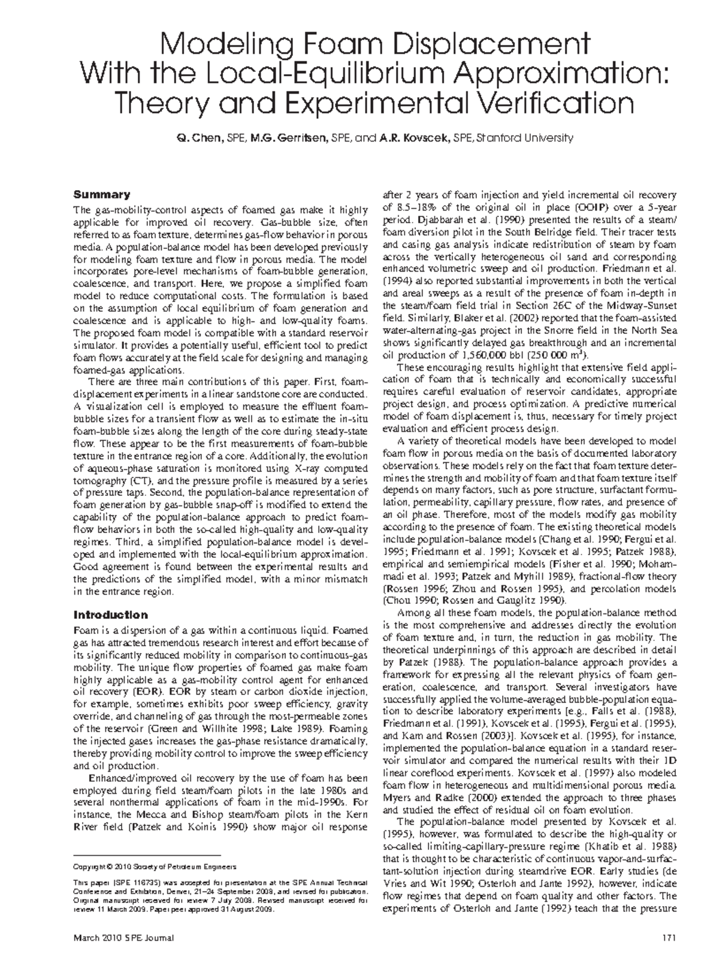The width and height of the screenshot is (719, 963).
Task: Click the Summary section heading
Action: [x=101, y=195]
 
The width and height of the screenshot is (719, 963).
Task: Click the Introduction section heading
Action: [x=110, y=615]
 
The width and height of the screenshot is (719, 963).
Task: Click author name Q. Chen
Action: [x=198, y=139]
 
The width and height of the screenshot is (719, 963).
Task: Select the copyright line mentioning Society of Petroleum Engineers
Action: [x=154, y=866]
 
